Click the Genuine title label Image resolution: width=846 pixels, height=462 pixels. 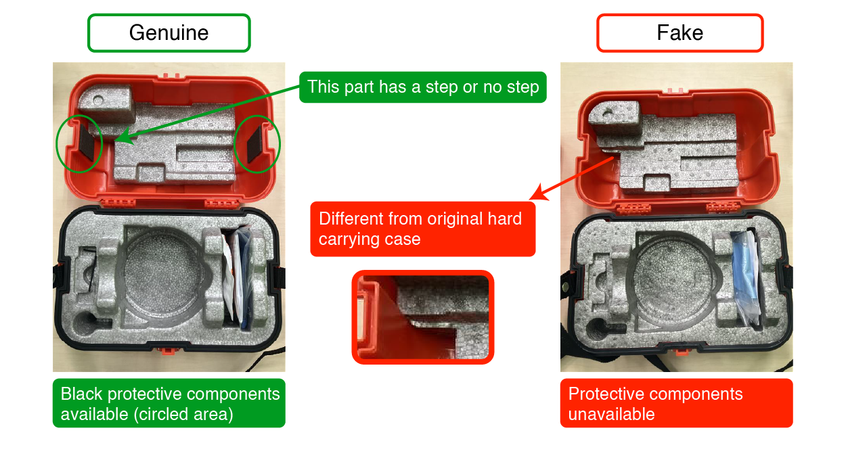click(x=169, y=33)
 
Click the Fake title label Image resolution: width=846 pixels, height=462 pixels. click(x=680, y=33)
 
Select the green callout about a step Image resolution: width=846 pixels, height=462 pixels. click(x=422, y=87)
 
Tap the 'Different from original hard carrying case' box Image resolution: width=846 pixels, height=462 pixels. click(x=422, y=229)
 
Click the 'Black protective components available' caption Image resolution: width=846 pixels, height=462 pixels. click(x=169, y=403)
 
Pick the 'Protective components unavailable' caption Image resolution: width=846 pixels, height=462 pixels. click(x=676, y=403)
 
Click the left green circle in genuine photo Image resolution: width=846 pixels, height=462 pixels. click(x=79, y=143)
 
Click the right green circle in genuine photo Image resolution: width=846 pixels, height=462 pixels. click(x=257, y=143)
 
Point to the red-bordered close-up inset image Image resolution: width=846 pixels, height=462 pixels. click(x=422, y=317)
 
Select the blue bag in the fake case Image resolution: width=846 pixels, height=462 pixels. click(x=747, y=271)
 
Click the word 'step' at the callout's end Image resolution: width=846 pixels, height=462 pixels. click(x=523, y=87)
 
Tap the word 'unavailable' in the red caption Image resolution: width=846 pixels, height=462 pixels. click(x=611, y=414)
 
